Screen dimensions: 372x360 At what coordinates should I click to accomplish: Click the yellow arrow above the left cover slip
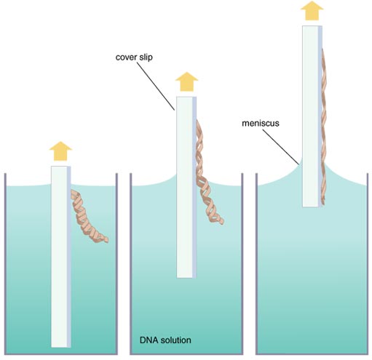coord(60,151)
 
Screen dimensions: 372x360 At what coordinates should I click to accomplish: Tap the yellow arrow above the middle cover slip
coord(187,82)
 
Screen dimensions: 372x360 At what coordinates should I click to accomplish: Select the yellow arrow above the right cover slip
coord(312,11)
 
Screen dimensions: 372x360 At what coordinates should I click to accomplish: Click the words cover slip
coord(134,57)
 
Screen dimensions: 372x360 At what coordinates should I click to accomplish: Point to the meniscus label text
coord(261,123)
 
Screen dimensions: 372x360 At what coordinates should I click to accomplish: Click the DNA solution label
coord(165,340)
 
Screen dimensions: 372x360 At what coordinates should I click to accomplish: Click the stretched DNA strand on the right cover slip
coord(324,126)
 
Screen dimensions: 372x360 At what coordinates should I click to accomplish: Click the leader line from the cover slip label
coord(156,87)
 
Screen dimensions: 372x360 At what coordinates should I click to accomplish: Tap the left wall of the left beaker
coord(5,264)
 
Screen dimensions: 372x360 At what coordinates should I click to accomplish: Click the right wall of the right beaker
coord(368,264)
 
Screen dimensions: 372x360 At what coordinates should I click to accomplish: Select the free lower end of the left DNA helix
coord(106,240)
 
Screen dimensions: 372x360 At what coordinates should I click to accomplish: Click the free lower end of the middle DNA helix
coord(222,222)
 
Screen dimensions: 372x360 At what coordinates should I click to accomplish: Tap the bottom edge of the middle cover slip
coord(186,278)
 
